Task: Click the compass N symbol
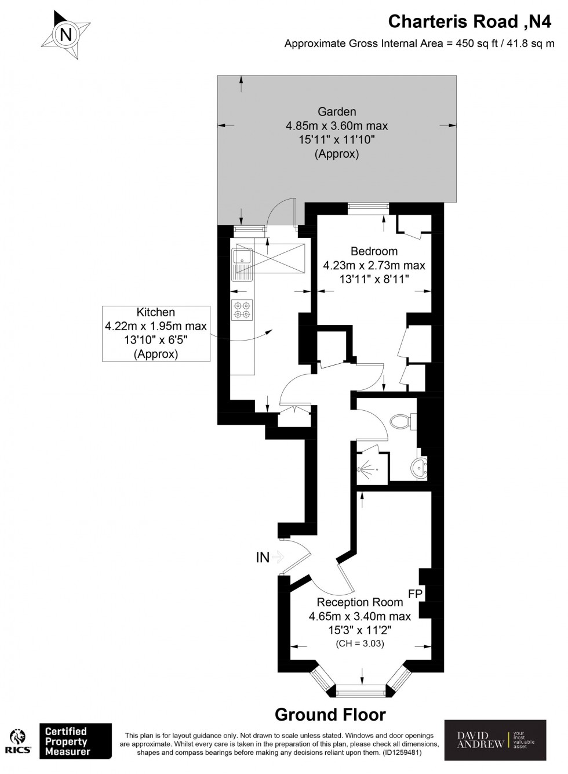[67, 35]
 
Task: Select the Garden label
[336, 111]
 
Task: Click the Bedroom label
[374, 251]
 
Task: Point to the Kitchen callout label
[155, 313]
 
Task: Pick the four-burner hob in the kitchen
[242, 309]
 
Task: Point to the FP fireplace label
[416, 594]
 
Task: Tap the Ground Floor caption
[330, 715]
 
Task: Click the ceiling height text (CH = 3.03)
[359, 643]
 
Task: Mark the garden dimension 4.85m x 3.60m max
[336, 126]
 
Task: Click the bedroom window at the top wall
[368, 208]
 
